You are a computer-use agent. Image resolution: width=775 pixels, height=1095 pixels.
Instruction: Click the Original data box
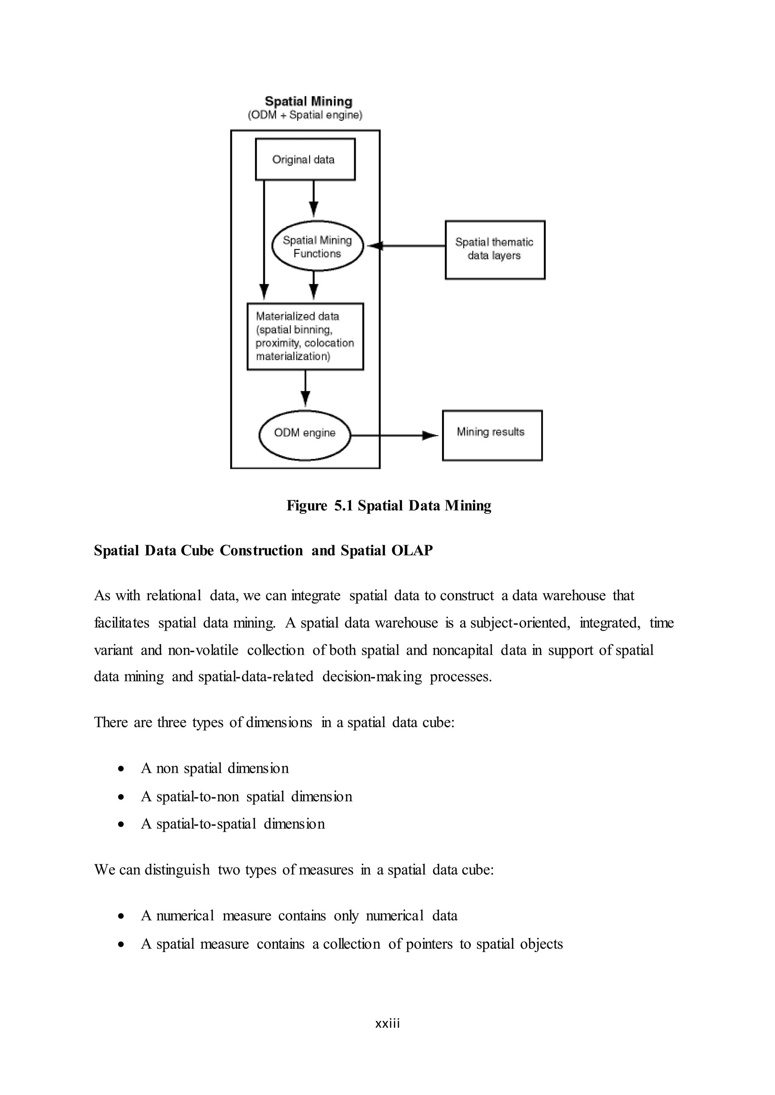(x=305, y=159)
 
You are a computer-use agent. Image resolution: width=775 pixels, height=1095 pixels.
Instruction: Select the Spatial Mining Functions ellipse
(x=317, y=246)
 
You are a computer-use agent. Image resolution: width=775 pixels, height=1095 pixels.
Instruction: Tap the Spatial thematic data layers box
(x=495, y=250)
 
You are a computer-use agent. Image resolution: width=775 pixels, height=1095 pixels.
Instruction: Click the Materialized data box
(x=305, y=337)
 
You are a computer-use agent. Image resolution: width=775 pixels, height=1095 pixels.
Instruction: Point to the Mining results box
(x=492, y=435)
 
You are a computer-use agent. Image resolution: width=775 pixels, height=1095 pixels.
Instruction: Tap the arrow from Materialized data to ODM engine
(x=305, y=389)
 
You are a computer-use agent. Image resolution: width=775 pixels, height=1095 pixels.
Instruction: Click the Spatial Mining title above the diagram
(x=308, y=101)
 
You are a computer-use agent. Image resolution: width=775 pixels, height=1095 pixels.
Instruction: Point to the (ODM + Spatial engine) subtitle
(x=305, y=115)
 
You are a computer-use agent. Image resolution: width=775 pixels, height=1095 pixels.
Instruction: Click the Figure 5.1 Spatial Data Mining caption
(x=389, y=506)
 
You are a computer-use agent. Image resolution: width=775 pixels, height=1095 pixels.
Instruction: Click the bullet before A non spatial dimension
(x=122, y=769)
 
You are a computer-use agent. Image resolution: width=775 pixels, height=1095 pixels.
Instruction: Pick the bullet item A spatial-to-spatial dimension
(x=233, y=824)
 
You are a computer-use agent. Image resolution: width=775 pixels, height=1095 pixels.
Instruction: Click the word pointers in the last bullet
(x=428, y=944)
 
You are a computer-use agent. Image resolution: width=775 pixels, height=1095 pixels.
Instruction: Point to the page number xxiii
(x=387, y=1023)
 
